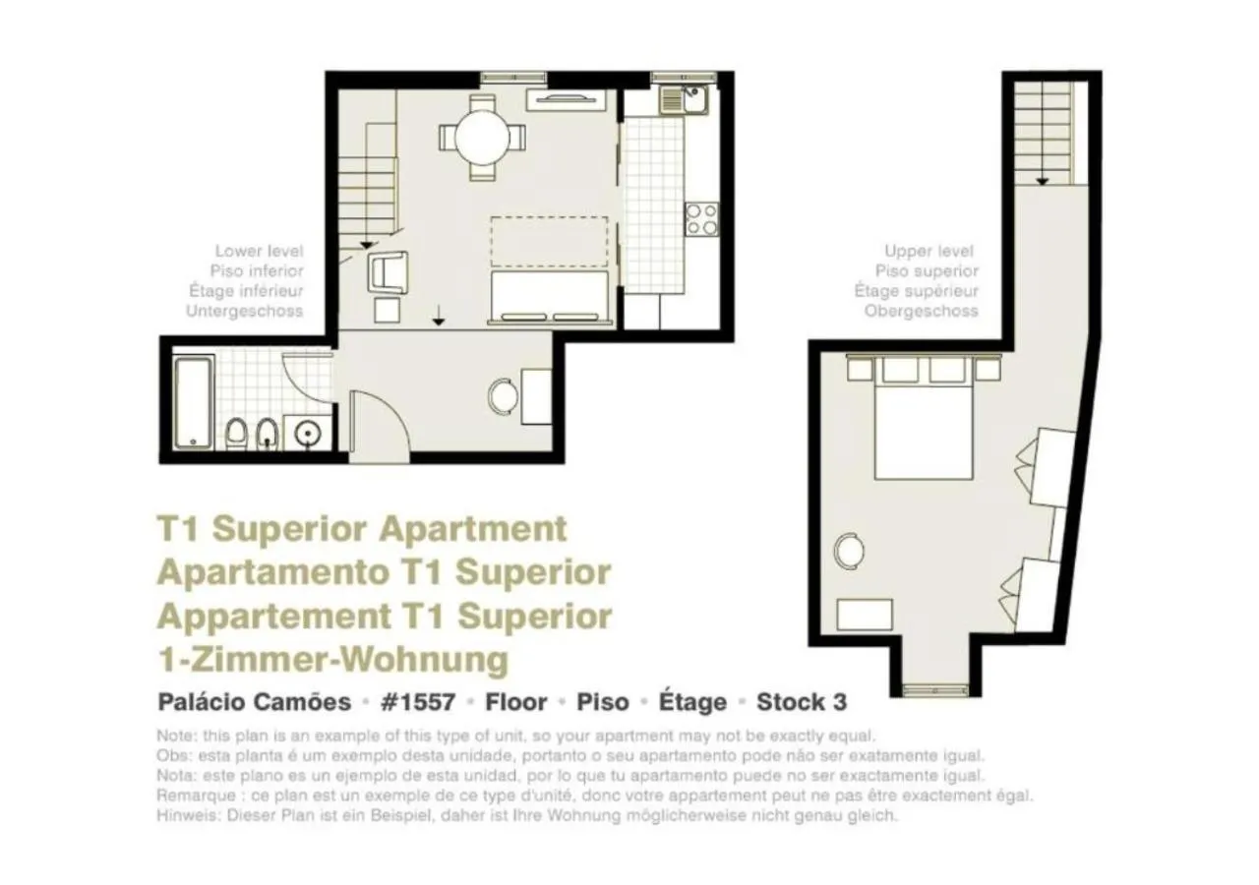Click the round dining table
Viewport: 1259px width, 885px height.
tap(482, 137)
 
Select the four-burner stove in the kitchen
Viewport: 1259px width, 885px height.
tap(701, 218)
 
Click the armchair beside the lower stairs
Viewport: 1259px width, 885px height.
tap(388, 271)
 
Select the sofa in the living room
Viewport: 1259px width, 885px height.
tap(549, 297)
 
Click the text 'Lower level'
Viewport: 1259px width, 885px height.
tap(259, 252)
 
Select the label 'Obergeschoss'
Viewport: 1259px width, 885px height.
tap(921, 311)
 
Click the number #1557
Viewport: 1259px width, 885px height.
tap(418, 702)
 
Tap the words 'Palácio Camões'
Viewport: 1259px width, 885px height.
tap(254, 702)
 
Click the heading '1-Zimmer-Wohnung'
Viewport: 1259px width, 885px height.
tap(332, 658)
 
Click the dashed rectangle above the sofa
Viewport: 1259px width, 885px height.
tap(549, 242)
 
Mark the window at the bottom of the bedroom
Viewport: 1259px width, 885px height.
tap(935, 688)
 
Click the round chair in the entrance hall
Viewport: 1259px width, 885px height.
tap(504, 395)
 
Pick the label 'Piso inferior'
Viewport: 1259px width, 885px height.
tap(257, 271)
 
